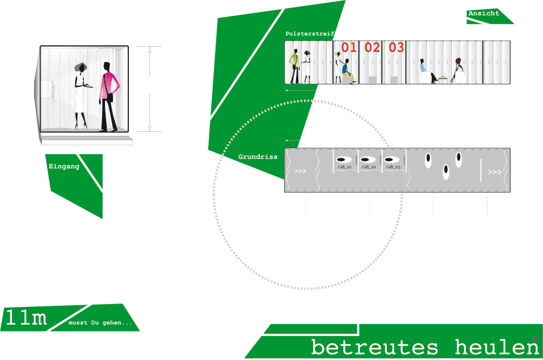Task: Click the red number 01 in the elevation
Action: click(349, 47)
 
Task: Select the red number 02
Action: click(372, 47)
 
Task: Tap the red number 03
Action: click(396, 47)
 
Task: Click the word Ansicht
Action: click(484, 13)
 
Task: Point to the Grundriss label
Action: click(258, 156)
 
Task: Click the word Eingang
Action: click(64, 167)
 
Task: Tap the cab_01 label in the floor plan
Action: click(345, 167)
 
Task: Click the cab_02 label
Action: click(369, 167)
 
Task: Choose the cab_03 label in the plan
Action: click(393, 167)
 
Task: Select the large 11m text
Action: click(26, 318)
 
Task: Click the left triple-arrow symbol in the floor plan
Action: click(300, 171)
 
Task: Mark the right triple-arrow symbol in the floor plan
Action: click(495, 172)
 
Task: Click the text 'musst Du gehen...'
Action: click(100, 323)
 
